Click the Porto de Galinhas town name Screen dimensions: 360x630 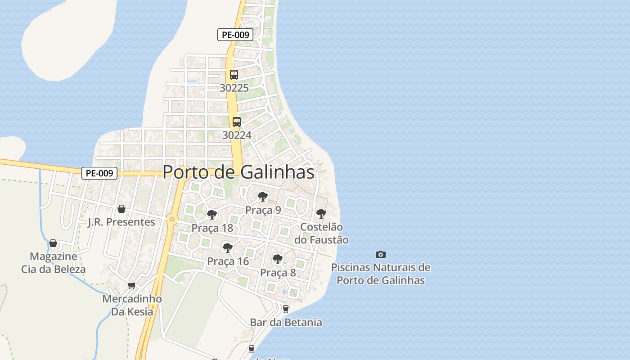click(x=238, y=172)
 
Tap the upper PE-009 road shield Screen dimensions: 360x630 click(x=235, y=35)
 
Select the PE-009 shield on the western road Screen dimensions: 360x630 click(x=99, y=173)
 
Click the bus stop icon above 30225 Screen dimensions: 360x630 click(x=234, y=75)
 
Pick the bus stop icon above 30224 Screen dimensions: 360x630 click(x=236, y=122)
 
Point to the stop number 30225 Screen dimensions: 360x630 click(x=234, y=88)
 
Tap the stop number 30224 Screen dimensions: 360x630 click(x=237, y=135)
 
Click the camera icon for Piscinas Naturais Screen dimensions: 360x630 click(x=381, y=254)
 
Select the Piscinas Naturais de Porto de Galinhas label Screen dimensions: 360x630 click(x=381, y=274)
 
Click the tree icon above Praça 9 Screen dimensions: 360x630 click(x=263, y=196)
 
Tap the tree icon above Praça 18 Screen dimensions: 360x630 click(x=212, y=214)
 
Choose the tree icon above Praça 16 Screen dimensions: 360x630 click(x=228, y=247)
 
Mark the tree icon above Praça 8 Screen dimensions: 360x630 click(x=278, y=259)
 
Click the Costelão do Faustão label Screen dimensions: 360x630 click(x=321, y=234)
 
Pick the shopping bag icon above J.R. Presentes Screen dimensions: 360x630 click(x=121, y=209)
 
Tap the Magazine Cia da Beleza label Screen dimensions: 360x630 click(x=53, y=263)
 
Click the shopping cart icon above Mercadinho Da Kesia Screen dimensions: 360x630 click(x=132, y=285)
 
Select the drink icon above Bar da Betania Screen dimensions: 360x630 click(x=285, y=309)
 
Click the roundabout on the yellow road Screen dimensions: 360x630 click(x=172, y=219)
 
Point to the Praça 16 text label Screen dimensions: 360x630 click(x=228, y=261)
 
